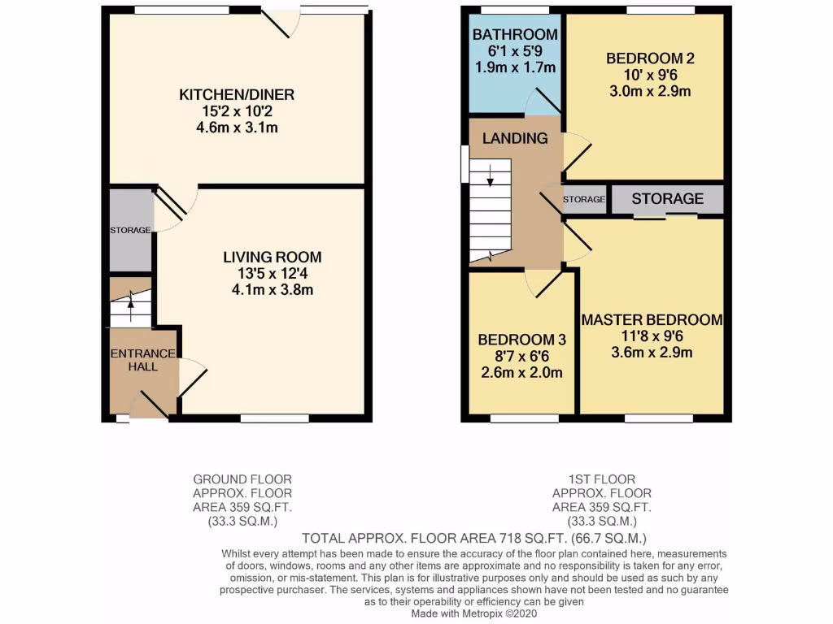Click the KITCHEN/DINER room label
click(x=237, y=95)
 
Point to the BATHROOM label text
click(x=515, y=34)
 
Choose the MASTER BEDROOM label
click(x=652, y=319)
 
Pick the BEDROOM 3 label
click(x=521, y=340)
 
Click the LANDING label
click(x=515, y=138)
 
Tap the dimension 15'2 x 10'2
click(x=237, y=111)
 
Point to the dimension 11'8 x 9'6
click(x=652, y=336)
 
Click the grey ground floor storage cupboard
click(x=130, y=231)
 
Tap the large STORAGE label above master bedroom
click(x=667, y=199)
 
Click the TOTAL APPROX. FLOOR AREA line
click(x=474, y=538)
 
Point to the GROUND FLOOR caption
click(x=242, y=479)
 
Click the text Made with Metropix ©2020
click(x=474, y=614)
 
